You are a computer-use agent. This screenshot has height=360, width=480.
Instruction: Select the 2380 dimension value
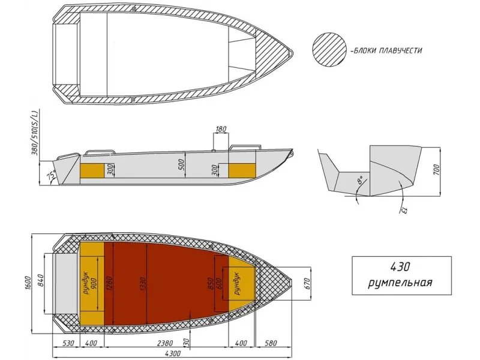coord(165,343)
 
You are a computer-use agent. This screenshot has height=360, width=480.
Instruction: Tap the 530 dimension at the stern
coord(68,343)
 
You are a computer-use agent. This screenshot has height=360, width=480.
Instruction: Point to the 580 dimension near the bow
coord(271,343)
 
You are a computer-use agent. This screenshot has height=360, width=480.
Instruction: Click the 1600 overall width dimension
coord(29,283)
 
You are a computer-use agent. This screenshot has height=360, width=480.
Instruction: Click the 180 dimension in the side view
coord(221,129)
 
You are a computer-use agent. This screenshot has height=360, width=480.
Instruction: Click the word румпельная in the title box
coord(400,283)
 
